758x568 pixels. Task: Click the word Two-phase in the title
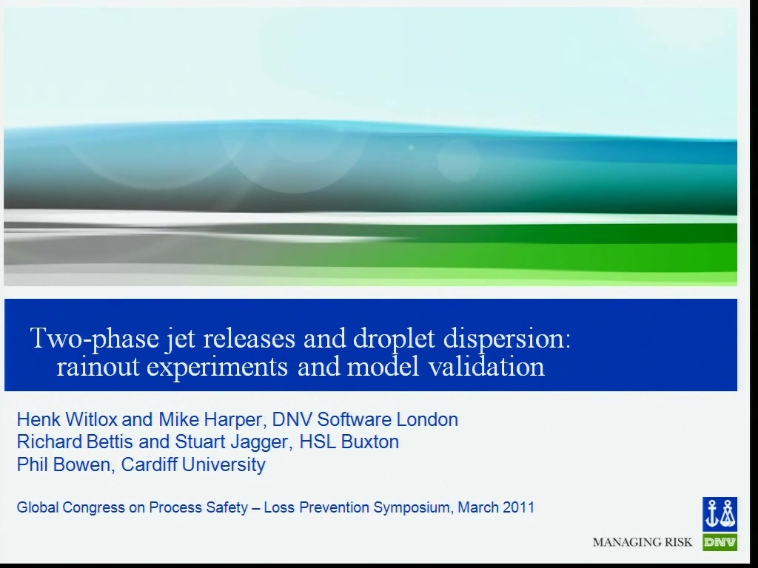[x=95, y=338]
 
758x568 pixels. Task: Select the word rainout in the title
[x=98, y=366]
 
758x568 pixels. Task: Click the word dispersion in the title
[x=506, y=339]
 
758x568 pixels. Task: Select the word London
[x=427, y=419]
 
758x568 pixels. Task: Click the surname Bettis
[x=110, y=442]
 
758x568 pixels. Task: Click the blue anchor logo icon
[x=720, y=514]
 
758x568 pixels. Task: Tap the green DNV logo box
[x=720, y=542]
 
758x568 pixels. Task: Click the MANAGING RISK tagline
[x=643, y=542]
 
